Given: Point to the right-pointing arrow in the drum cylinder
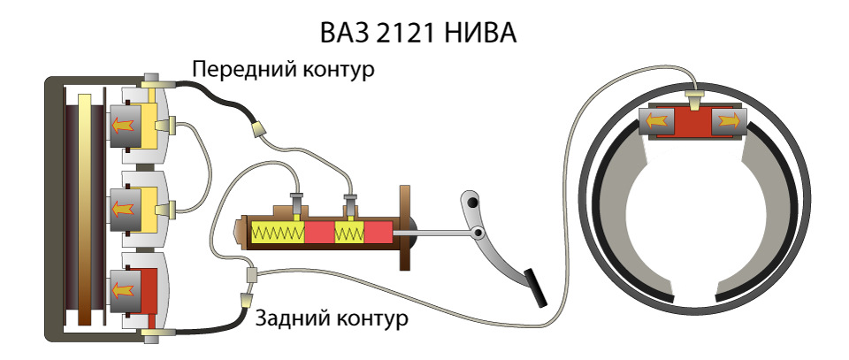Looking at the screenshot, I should click(x=728, y=122).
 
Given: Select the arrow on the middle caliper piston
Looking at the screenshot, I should click(x=123, y=209).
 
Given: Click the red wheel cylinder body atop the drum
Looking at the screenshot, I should click(x=692, y=122).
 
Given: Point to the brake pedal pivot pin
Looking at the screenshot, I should click(x=477, y=234).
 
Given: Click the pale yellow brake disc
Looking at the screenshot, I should click(x=84, y=209).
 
